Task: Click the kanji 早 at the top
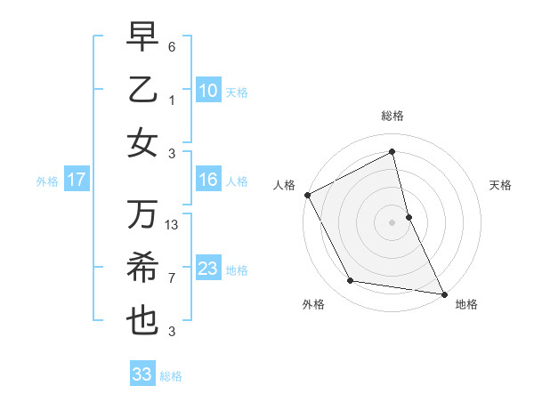[142, 36]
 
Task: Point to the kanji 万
[142, 214]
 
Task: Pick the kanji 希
[142, 268]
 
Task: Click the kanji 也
[142, 321]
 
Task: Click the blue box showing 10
[207, 91]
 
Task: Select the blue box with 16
[207, 180]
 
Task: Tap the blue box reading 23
[207, 269]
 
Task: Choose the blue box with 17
[77, 180]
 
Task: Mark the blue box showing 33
[142, 374]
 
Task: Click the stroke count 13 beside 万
[173, 225]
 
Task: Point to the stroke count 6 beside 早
[173, 46]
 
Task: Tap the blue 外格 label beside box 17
[47, 181]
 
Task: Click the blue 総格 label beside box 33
[171, 376]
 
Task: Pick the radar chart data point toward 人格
[307, 194]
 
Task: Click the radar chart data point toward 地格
[442, 293]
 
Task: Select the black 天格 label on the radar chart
[501, 185]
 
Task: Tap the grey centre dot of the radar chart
[392, 221]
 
